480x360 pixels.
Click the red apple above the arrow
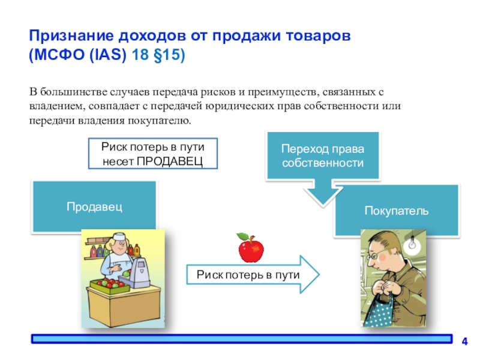click(251, 248)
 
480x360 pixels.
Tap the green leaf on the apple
click(242, 236)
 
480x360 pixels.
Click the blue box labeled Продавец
click(94, 206)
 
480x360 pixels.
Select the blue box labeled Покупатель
click(397, 211)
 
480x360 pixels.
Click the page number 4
click(464, 341)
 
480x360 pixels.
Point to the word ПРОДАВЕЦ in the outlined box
click(170, 161)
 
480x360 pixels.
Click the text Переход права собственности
click(323, 156)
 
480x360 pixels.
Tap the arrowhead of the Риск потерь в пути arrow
click(310, 274)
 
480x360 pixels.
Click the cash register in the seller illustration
click(139, 272)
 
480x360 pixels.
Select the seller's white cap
click(119, 236)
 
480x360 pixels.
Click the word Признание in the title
click(71, 36)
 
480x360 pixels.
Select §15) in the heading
click(169, 55)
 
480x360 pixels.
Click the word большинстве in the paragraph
click(73, 92)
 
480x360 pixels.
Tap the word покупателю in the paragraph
click(160, 121)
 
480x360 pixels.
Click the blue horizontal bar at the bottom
click(242, 339)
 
